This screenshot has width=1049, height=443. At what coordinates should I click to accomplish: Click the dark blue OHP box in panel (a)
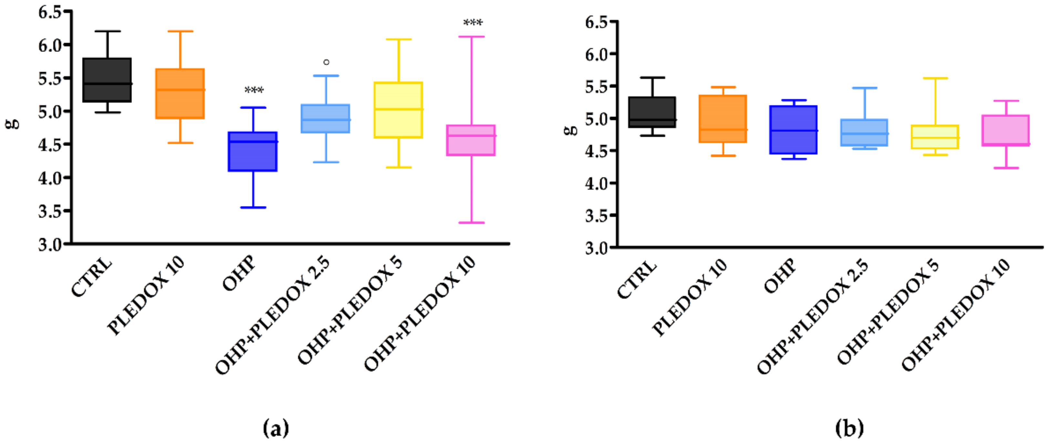click(252, 151)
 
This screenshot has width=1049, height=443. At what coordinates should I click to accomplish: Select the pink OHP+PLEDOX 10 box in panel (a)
click(471, 140)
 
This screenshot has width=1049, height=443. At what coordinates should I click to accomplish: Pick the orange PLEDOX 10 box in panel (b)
click(723, 119)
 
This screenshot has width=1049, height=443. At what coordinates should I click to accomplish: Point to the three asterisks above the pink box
click(473, 23)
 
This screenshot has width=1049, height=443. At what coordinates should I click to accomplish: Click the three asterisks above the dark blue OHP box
click(254, 90)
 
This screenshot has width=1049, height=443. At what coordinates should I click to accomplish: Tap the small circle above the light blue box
click(326, 62)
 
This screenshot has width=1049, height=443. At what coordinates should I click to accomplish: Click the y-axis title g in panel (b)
click(572, 129)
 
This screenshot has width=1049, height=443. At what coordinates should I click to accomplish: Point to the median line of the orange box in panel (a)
click(180, 90)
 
